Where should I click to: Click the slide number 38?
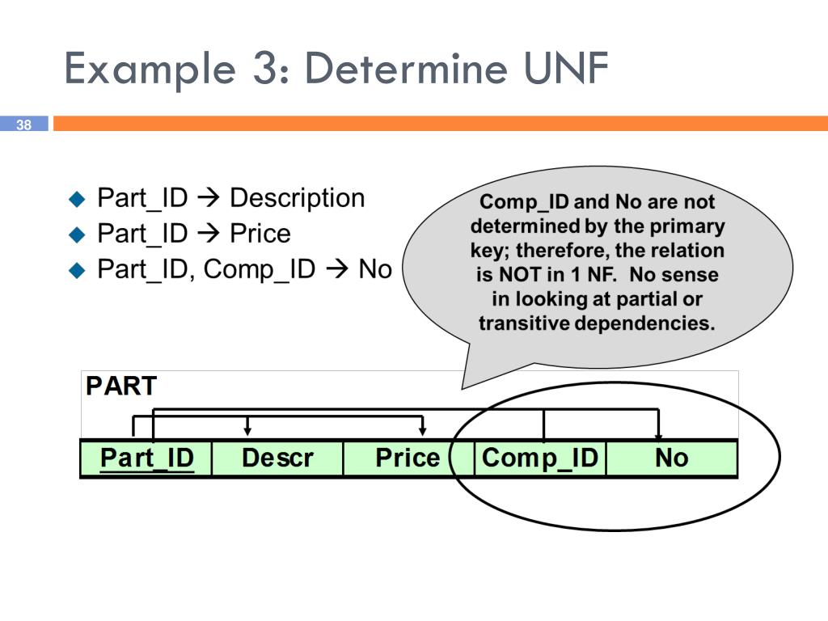(x=23, y=125)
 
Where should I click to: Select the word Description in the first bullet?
(x=297, y=198)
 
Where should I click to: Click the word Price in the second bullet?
(x=260, y=234)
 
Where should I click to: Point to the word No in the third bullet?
(x=374, y=269)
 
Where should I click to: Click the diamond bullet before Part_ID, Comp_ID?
(x=77, y=270)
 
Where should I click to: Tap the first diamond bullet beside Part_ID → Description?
(x=77, y=199)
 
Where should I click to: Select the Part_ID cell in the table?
(x=146, y=458)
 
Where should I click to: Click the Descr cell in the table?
(x=277, y=458)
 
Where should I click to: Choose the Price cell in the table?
(x=408, y=458)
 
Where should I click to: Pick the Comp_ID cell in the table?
(x=539, y=458)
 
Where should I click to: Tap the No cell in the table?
(x=671, y=458)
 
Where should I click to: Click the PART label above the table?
(x=121, y=386)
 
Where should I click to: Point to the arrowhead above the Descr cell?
(x=247, y=431)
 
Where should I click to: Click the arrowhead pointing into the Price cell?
(x=422, y=431)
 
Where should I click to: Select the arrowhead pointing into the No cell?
(x=659, y=434)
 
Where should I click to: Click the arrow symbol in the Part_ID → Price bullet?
(x=209, y=234)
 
